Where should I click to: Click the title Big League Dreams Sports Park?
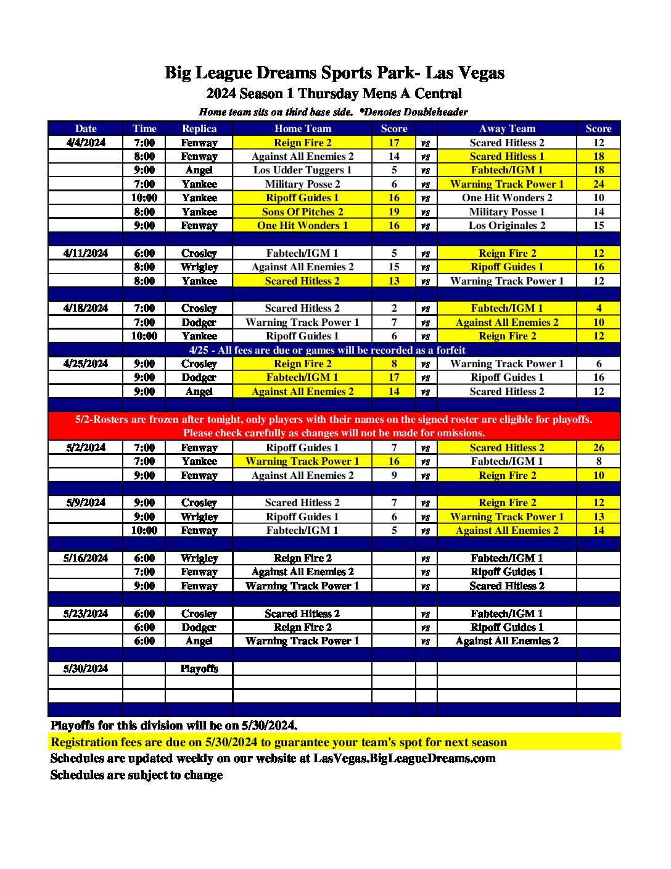tap(334, 73)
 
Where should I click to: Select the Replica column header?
tap(199, 128)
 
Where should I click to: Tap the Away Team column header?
tap(507, 128)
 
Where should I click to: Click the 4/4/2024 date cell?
tap(86, 143)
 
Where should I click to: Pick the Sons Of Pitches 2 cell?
tap(302, 212)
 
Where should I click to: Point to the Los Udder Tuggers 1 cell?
tap(302, 170)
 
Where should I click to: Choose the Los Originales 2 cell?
tap(507, 225)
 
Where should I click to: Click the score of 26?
tap(598, 447)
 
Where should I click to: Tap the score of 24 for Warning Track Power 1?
tap(598, 184)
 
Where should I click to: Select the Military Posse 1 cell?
tap(507, 212)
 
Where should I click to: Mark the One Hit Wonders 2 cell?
tap(507, 197)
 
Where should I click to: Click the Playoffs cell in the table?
tap(199, 668)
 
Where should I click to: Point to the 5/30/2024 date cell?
tap(86, 668)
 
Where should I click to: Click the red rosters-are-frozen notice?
tap(334, 426)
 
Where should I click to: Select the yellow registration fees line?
tap(279, 742)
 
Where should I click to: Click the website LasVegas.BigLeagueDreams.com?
tap(404, 759)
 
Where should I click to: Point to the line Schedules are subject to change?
tap(136, 775)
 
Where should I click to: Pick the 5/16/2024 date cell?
tap(86, 558)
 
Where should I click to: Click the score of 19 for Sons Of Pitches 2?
tap(393, 212)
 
